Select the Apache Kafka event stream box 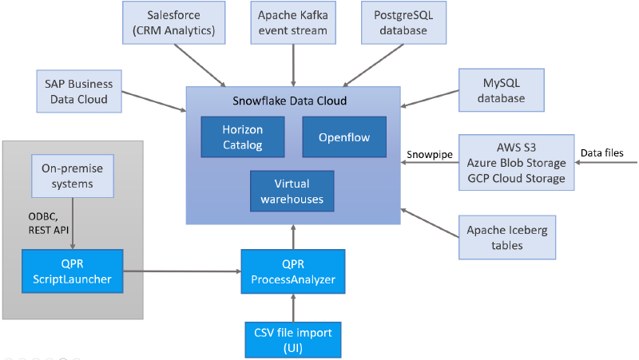click(294, 22)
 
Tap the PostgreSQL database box click(405, 22)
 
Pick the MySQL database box click(501, 89)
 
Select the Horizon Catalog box click(242, 136)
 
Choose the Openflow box click(343, 136)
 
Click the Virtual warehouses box click(292, 191)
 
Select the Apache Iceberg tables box click(507, 237)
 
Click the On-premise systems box click(73, 176)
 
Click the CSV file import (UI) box click(293, 338)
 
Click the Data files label click(602, 152)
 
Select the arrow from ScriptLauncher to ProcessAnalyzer click(182, 271)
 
